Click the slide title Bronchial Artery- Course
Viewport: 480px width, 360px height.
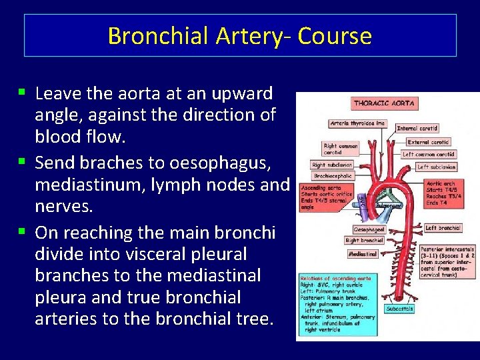point(240,35)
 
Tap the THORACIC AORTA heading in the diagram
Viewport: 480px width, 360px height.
point(384,103)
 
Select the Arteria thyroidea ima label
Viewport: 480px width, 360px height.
point(357,123)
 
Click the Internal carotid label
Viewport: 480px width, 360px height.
point(417,128)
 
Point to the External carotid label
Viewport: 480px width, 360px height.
point(428,141)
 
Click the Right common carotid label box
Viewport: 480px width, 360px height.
point(340,149)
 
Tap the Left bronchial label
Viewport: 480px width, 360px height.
point(442,228)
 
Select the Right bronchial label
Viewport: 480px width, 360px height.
point(364,240)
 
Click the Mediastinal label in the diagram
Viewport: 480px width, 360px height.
point(363,254)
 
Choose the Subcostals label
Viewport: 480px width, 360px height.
point(400,309)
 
